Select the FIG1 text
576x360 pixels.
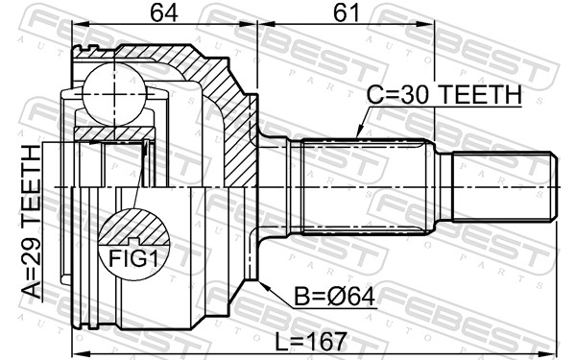132,259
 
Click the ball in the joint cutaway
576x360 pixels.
111,92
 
